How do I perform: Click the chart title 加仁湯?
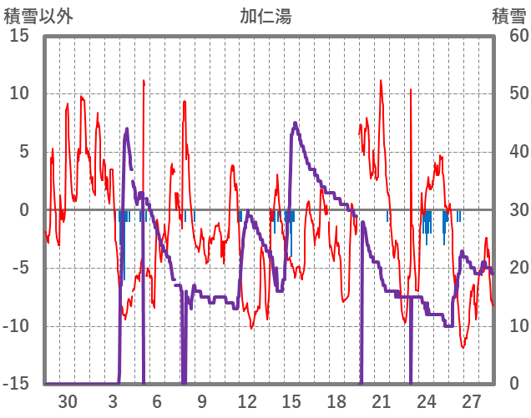265,16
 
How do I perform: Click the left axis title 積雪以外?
38,16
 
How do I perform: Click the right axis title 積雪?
508,16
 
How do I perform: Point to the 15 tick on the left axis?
19,36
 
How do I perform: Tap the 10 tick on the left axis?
19,93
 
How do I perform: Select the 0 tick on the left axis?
24,210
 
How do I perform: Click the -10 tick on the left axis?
16,326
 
